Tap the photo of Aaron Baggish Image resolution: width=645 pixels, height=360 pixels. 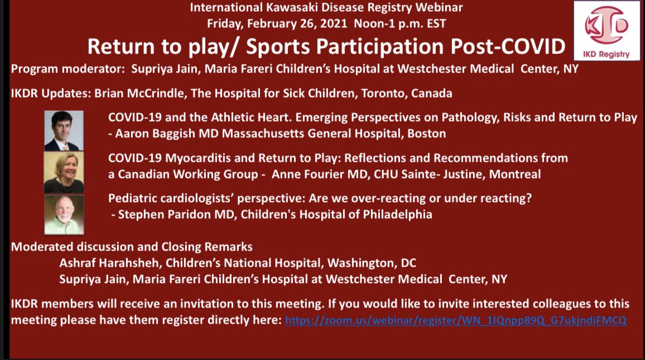pyautogui.click(x=64, y=131)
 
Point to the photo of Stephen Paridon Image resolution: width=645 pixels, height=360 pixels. pyautogui.click(x=64, y=214)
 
